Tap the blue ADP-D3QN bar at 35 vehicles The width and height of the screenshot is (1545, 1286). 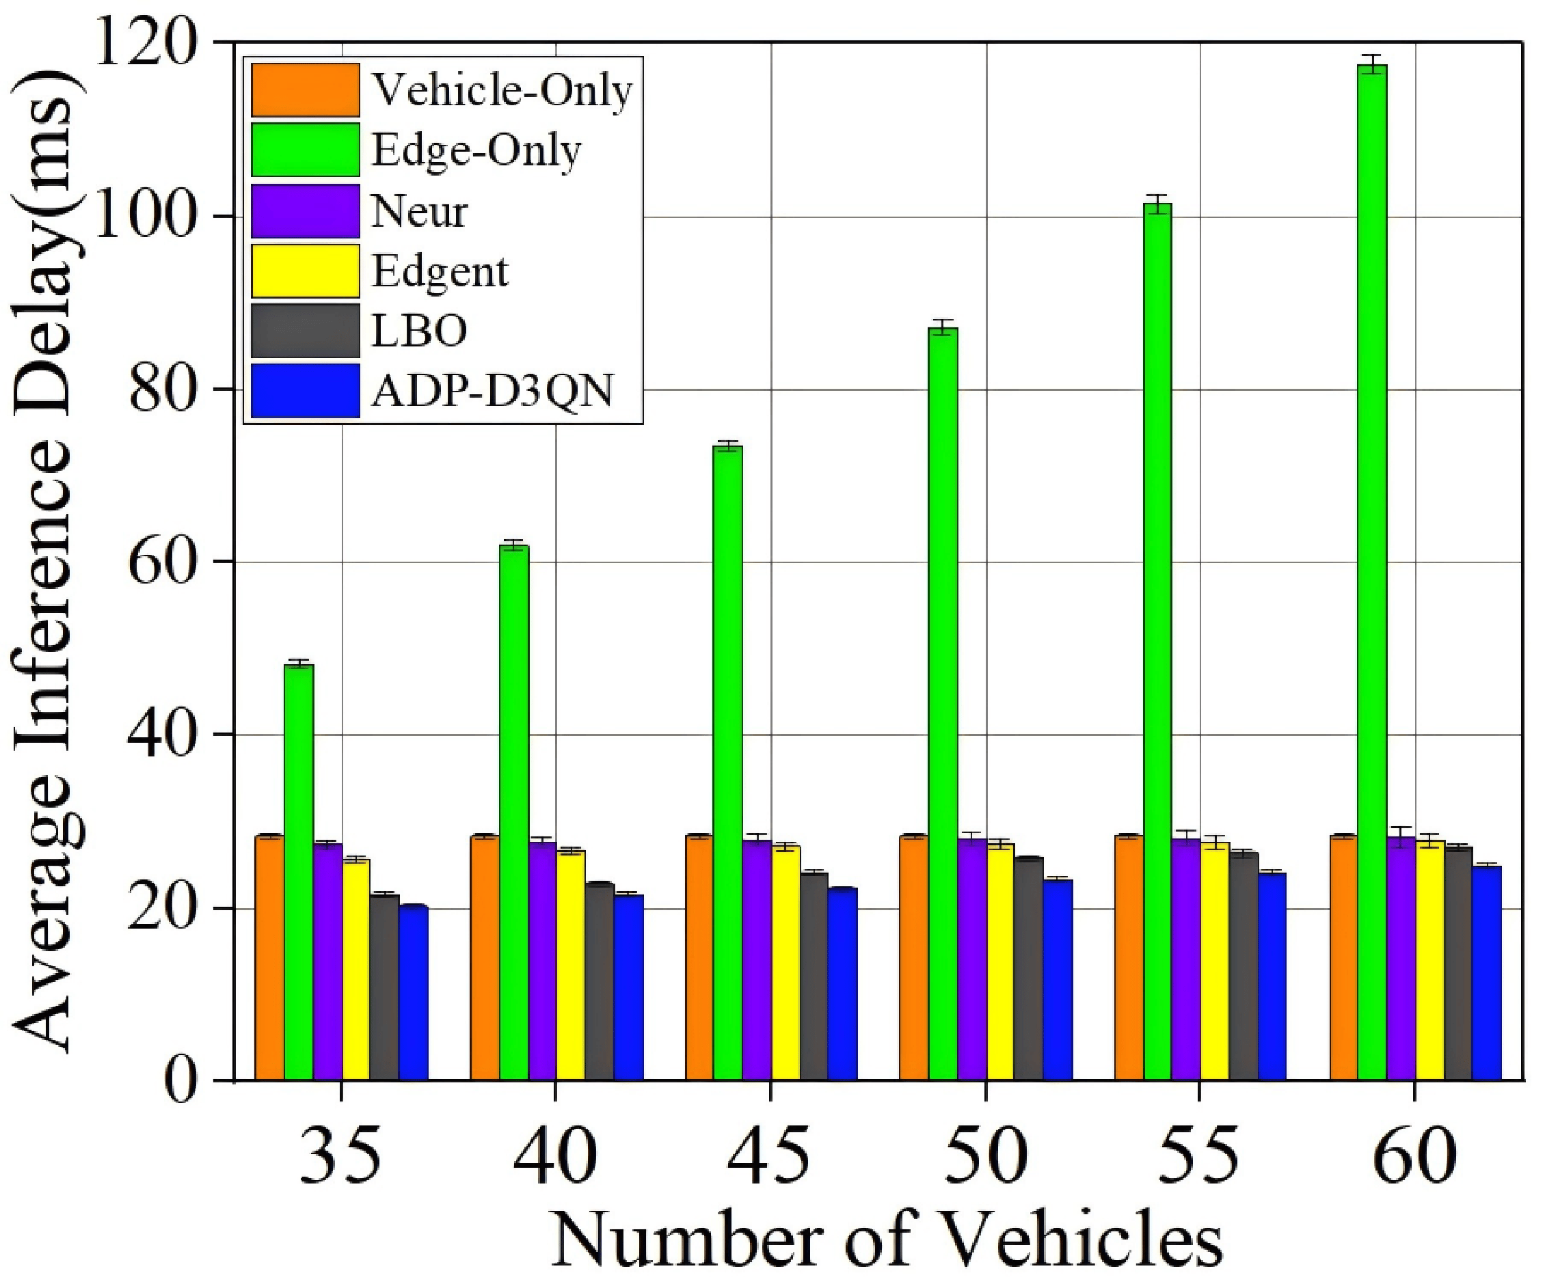(414, 994)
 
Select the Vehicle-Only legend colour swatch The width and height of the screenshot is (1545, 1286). (306, 90)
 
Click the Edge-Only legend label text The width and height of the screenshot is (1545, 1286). (476, 151)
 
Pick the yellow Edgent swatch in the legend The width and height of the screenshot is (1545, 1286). (306, 271)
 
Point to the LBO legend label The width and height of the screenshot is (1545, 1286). (419, 331)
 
